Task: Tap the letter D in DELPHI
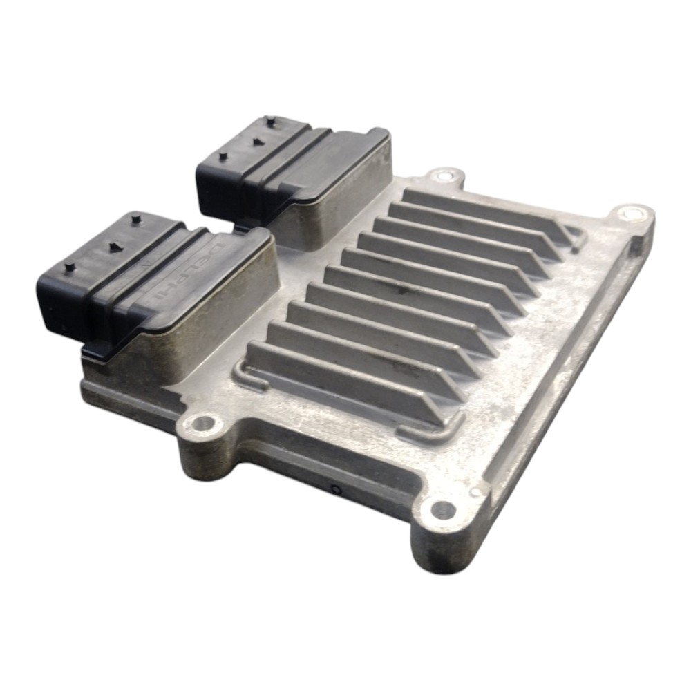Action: click(218, 249)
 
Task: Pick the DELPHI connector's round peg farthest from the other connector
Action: click(69, 267)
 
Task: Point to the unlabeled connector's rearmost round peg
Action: click(268, 119)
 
